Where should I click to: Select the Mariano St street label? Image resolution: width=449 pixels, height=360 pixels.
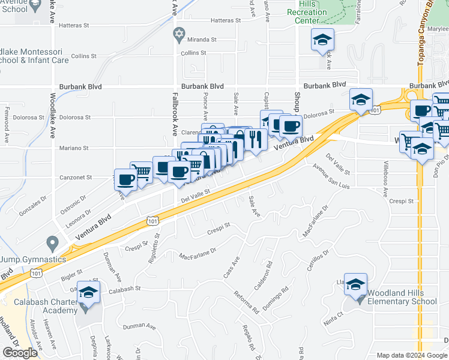[74, 148]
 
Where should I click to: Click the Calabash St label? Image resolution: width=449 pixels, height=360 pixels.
[125, 288]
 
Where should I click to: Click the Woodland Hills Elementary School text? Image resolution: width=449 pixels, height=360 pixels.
[403, 297]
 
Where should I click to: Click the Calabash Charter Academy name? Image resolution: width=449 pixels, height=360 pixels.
[47, 306]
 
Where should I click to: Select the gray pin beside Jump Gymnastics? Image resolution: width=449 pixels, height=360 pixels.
[52, 244]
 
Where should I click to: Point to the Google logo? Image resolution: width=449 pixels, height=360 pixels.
[20, 353]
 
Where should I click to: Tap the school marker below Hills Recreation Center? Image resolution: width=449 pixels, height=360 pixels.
[322, 40]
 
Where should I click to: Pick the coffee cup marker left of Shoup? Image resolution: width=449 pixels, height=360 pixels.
[291, 127]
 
